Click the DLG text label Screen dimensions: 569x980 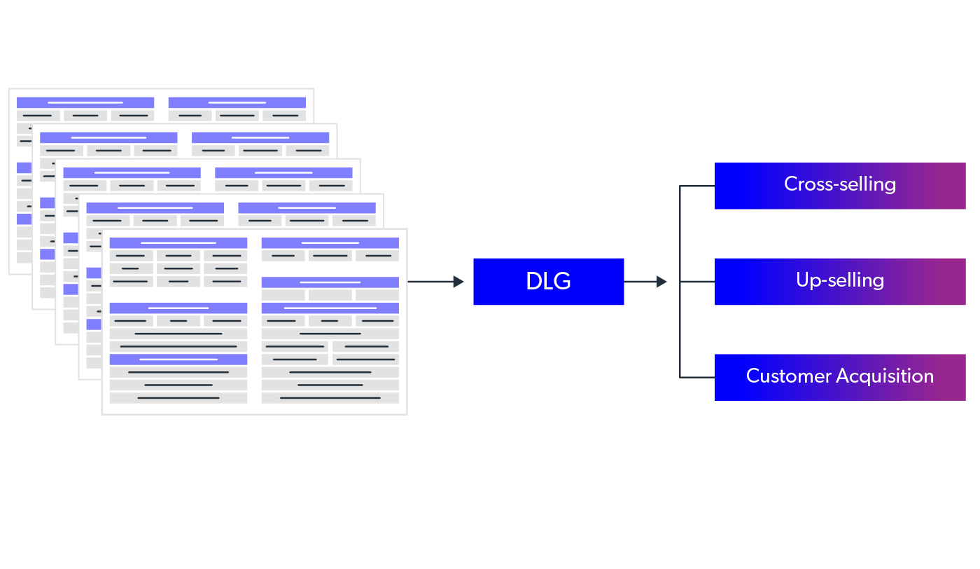pyautogui.click(x=548, y=282)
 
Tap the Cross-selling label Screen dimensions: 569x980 pyautogui.click(x=839, y=184)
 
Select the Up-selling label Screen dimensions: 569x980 pyautogui.click(x=839, y=280)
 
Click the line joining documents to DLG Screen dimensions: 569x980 pyautogui.click(x=430, y=282)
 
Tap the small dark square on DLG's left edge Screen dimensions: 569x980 pyautogui.click(x=463, y=283)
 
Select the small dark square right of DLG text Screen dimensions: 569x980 pyautogui.click(x=667, y=283)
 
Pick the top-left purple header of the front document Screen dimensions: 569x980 pyautogui.click(x=178, y=243)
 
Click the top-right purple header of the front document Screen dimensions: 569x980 pyautogui.click(x=330, y=243)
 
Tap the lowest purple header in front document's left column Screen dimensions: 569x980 pyautogui.click(x=178, y=359)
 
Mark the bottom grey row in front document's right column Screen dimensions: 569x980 pyautogui.click(x=330, y=398)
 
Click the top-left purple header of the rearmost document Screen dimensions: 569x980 pyautogui.click(x=85, y=102)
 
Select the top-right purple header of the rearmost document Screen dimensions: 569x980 pyautogui.click(x=237, y=102)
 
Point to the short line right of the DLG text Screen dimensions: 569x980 pyautogui.click(x=640, y=282)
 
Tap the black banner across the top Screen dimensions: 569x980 pyautogui.click(x=490, y=42)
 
